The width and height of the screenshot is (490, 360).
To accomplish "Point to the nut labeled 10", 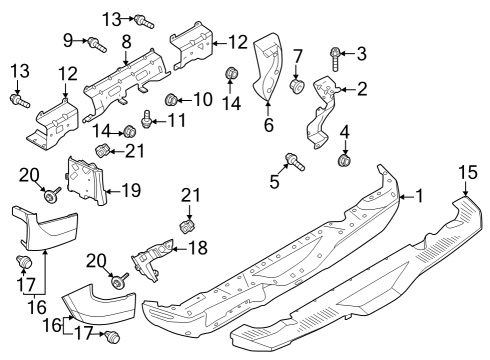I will pos(171,99).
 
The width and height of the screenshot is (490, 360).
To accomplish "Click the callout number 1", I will pos(420,197).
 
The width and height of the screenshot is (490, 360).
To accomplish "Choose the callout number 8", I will pos(127,41).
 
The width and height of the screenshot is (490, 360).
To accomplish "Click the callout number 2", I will pos(362,89).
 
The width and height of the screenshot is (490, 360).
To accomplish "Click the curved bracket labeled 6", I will pos(268,70).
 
